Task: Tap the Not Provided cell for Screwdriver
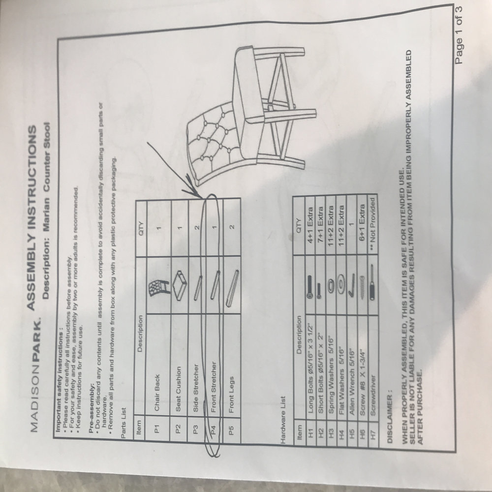(x=372, y=224)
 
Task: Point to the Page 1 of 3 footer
(x=459, y=35)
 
